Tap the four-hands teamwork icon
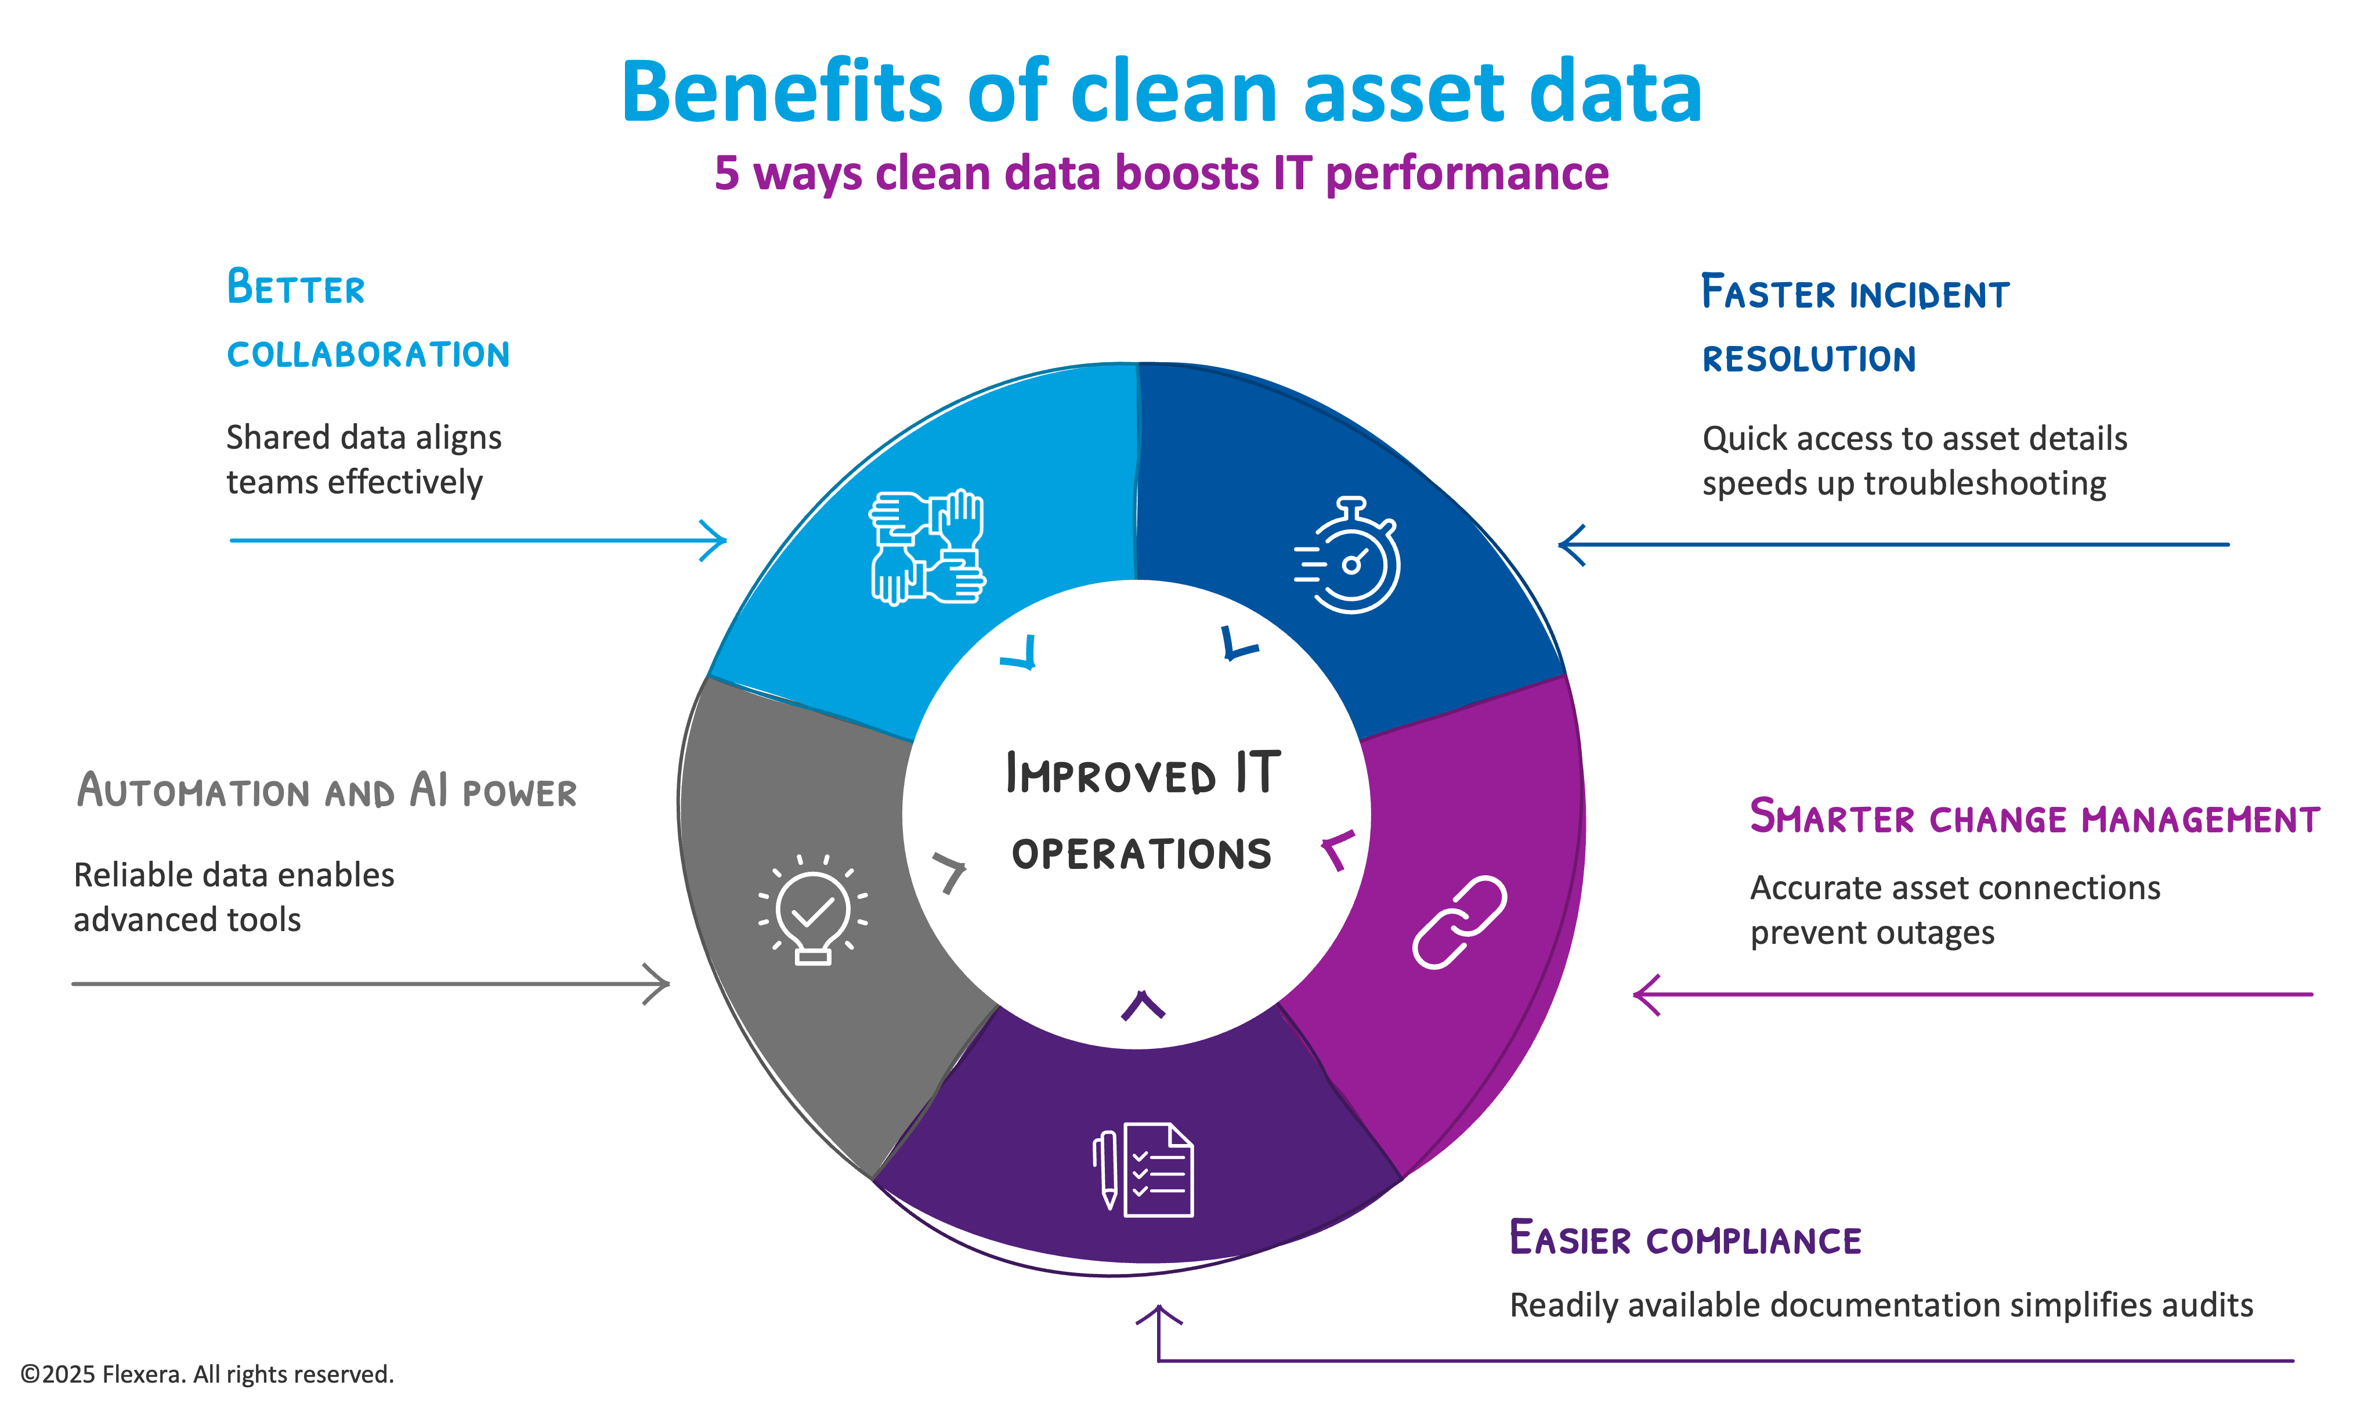click(927, 548)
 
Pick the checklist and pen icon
click(1143, 1170)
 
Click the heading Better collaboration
click(368, 320)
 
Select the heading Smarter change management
click(2034, 817)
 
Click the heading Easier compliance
click(1685, 1239)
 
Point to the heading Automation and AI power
click(327, 791)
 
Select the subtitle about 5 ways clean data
click(1161, 174)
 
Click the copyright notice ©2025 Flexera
click(207, 1374)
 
